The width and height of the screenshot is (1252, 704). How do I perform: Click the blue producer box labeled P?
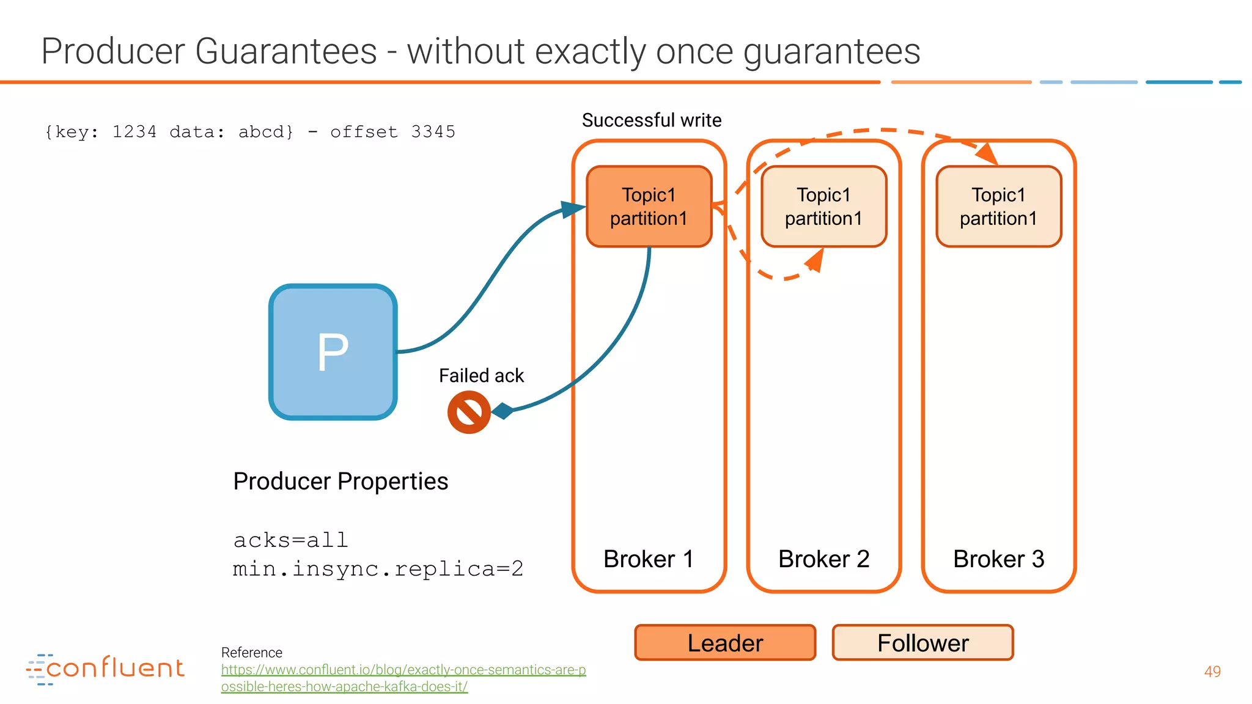333,352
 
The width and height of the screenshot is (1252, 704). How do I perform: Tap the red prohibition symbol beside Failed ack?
469,412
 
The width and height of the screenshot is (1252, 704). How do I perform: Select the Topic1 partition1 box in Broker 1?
649,207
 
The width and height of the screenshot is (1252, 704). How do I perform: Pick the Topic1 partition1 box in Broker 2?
823,207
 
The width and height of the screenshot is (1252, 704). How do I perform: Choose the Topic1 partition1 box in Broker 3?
998,207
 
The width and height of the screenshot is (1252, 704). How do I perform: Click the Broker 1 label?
649,559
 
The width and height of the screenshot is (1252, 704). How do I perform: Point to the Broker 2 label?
823,559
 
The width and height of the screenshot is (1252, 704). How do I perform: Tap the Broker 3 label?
998,559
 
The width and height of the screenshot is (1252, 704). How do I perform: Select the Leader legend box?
725,643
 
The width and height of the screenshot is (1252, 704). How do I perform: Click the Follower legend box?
922,643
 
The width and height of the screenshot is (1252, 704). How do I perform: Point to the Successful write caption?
652,120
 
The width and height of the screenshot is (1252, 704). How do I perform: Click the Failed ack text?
481,375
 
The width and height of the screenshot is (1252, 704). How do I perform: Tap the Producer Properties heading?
341,482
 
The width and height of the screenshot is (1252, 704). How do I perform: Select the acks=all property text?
290,540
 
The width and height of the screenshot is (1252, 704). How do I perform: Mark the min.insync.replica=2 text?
378,569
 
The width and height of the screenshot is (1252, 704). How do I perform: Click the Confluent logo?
105,669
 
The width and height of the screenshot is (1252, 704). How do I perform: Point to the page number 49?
1212,672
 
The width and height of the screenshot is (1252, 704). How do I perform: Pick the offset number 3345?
433,132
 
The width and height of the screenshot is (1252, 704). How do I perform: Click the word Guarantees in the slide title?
286,51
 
